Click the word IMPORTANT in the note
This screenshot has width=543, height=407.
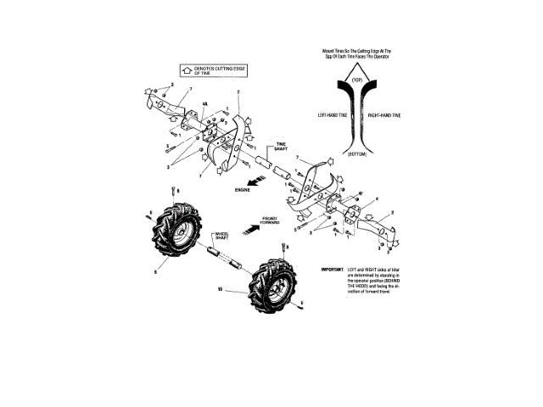pyautogui.click(x=332, y=270)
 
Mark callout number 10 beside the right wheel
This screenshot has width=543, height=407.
pyautogui.click(x=220, y=288)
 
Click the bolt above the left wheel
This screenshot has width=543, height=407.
pyautogui.click(x=173, y=192)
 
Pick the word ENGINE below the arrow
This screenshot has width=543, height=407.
pyautogui.click(x=244, y=192)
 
